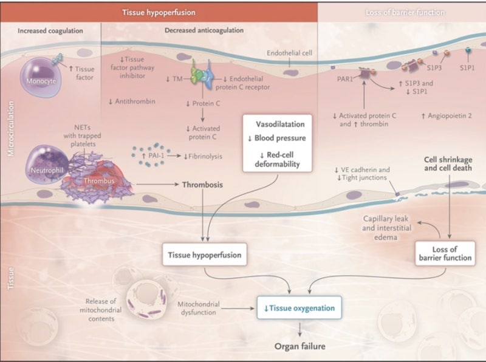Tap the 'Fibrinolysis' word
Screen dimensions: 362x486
[205, 157]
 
